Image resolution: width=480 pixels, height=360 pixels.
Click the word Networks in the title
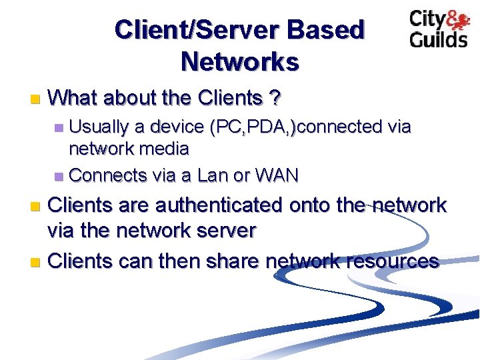click(x=240, y=62)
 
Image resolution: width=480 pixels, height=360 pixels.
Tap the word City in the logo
click(x=428, y=19)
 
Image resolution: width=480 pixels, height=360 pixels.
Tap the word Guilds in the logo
click(x=439, y=38)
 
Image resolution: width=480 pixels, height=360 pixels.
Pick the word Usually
click(x=101, y=127)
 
